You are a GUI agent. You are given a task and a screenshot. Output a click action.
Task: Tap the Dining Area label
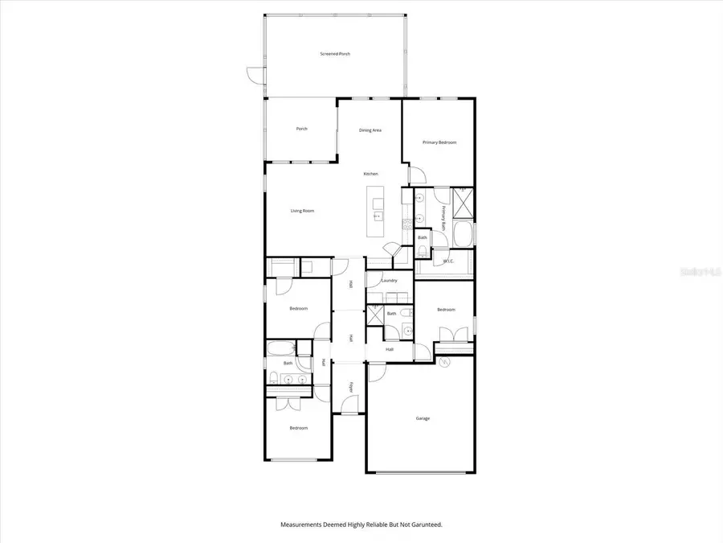pos(370,130)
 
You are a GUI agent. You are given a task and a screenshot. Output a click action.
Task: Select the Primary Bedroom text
pos(439,142)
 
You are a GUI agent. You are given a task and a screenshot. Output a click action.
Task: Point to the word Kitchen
pos(370,174)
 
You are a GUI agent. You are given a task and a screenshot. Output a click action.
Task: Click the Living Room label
pos(302,211)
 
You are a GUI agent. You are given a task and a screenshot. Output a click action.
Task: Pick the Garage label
pos(423,418)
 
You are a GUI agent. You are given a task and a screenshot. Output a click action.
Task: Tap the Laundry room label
pos(390,280)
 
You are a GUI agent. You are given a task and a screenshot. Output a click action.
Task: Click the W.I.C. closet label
pos(448,261)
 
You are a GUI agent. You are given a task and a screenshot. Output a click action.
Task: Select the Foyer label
pos(351,387)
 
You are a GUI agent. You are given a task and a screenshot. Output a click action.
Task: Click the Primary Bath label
pos(443,218)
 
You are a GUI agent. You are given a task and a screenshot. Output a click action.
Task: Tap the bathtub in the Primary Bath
pos(464,234)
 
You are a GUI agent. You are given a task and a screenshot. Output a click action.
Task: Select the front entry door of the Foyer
pos(345,412)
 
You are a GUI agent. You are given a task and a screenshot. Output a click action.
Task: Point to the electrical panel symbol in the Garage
pos(446,361)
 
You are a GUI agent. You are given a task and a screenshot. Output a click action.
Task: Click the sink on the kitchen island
pos(376,215)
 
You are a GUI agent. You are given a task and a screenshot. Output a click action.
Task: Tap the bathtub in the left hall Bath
pos(280,348)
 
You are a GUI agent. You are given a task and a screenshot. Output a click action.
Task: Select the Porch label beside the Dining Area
pos(302,129)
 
